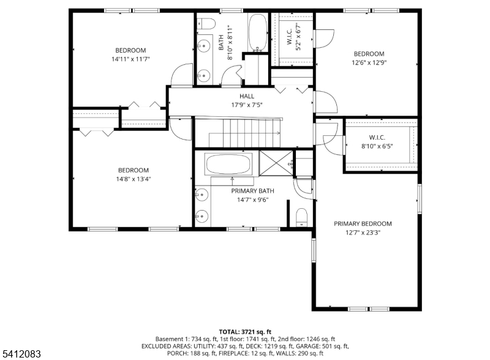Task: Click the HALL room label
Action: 247,96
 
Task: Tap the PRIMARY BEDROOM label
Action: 363,223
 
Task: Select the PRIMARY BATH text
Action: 252,191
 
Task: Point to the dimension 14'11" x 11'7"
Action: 130,59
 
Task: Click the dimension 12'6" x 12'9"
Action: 369,62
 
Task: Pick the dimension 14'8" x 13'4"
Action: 134,179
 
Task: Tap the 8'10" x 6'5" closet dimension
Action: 377,146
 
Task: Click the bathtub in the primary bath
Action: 228,164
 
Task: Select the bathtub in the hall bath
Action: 258,32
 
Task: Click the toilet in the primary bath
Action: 301,217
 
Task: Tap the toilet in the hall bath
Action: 207,23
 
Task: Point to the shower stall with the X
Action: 276,163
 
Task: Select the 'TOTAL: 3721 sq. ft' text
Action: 245,332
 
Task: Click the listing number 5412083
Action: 21,354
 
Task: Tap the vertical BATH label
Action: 221,42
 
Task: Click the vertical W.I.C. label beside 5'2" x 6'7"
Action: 289,37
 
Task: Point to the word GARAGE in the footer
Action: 308,347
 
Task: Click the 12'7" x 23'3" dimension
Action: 363,233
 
